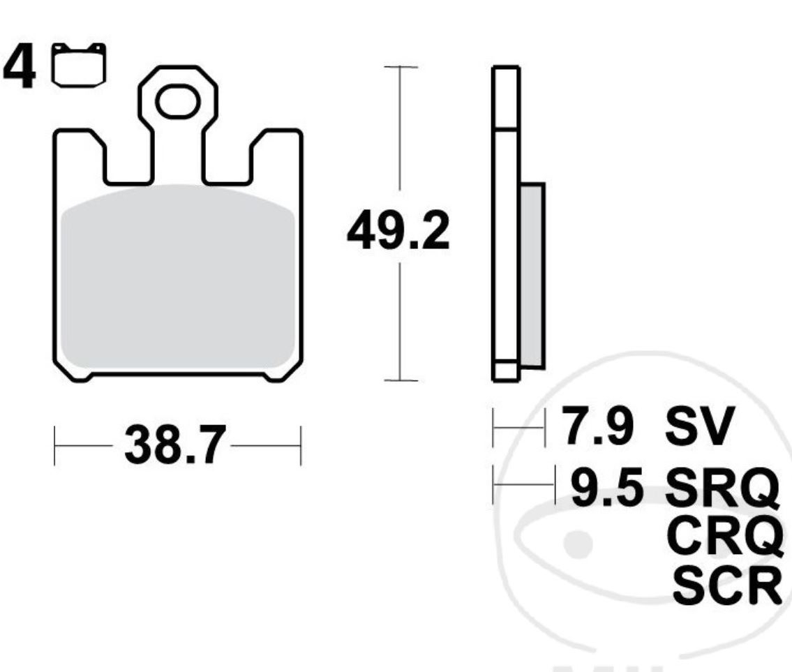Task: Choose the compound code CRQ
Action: click(x=722, y=535)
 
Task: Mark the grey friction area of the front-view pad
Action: click(x=178, y=279)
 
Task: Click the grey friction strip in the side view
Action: click(x=532, y=276)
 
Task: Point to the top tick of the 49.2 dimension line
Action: click(x=399, y=67)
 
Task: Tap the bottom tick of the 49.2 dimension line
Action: click(x=399, y=380)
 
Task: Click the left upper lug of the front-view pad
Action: click(x=79, y=150)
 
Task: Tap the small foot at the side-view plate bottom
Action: click(x=506, y=371)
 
